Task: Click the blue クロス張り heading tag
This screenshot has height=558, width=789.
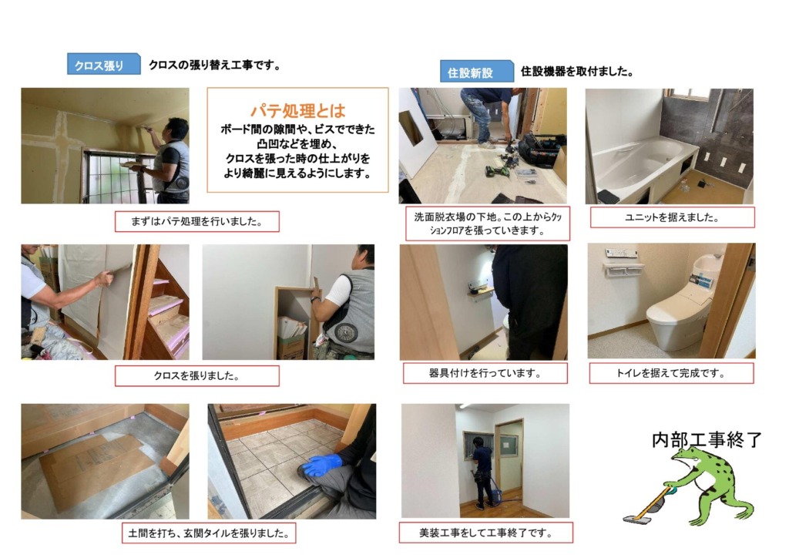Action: click(104, 65)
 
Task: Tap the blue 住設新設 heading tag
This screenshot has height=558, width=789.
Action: click(476, 72)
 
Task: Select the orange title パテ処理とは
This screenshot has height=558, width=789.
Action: click(298, 110)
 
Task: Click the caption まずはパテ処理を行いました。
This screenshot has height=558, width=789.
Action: click(196, 221)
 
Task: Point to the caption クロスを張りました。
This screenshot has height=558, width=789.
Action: click(196, 376)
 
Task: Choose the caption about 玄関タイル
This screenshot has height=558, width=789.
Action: click(209, 533)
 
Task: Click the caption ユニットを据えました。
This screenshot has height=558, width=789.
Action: click(672, 217)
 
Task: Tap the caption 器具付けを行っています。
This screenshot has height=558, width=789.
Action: click(485, 373)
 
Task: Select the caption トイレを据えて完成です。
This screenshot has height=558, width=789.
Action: click(671, 373)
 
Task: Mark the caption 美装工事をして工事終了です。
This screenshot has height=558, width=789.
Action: click(485, 533)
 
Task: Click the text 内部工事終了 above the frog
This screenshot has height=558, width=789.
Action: click(707, 440)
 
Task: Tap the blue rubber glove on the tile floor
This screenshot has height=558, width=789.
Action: click(321, 466)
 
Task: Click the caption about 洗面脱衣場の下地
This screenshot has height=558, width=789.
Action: click(488, 224)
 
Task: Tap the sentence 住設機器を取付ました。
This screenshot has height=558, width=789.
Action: click(576, 72)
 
